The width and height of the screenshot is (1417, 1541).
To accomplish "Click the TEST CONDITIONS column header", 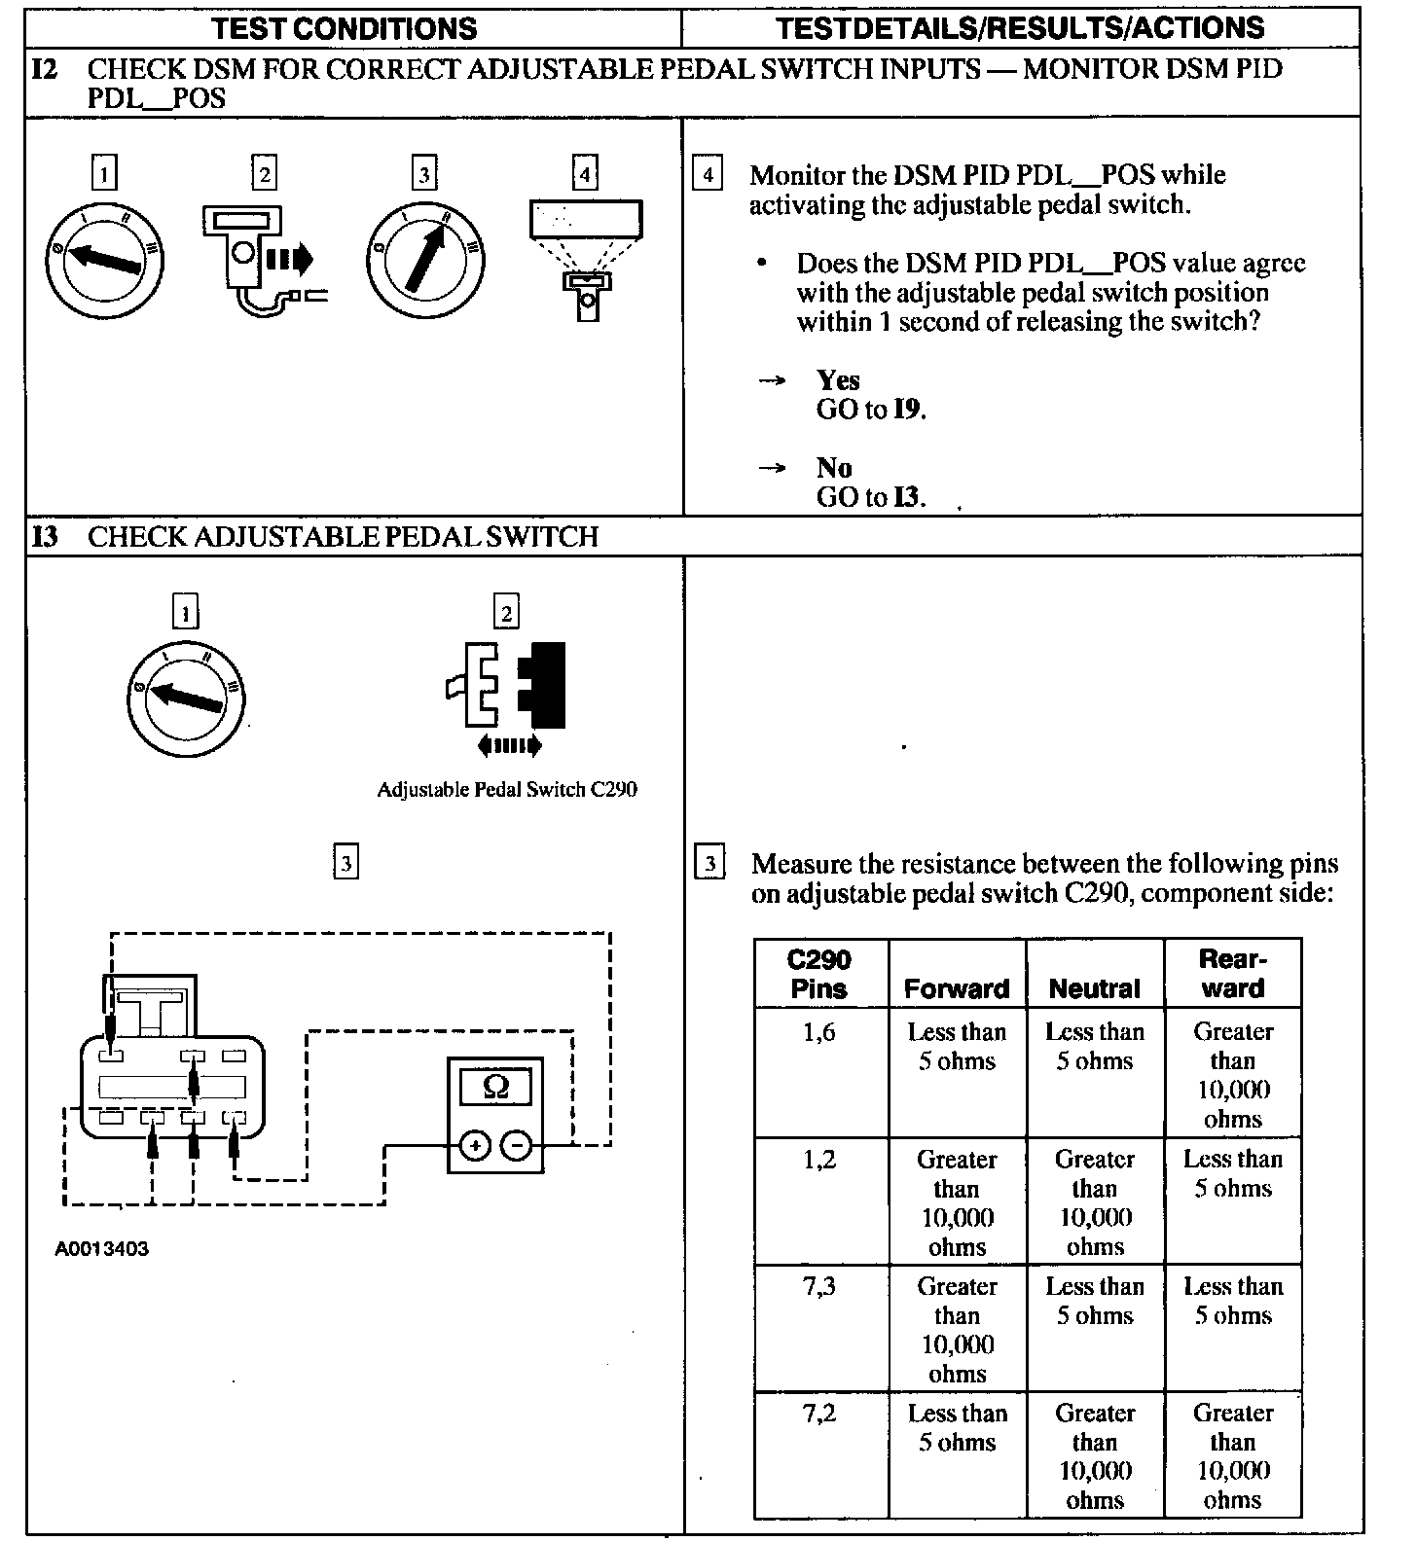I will (345, 27).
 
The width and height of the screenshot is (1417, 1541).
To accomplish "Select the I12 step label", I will (45, 70).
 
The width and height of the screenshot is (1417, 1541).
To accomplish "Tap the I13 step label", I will (45, 537).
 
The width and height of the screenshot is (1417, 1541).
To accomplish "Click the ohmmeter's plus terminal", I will (475, 1146).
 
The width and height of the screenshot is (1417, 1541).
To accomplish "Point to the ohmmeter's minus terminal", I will (517, 1146).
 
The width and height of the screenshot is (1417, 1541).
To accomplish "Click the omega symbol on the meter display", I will (495, 1086).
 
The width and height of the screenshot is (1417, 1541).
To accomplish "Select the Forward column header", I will (957, 988).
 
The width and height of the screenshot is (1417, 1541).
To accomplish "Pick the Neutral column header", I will (1095, 988).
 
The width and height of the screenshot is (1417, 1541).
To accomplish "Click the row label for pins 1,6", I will (819, 1032).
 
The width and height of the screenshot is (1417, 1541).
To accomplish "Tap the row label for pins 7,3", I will (819, 1286).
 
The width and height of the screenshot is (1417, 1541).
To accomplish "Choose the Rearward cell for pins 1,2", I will (1233, 1173).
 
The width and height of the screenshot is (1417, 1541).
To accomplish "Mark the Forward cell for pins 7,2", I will (957, 1427).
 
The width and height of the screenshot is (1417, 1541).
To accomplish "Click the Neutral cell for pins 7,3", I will (1095, 1301).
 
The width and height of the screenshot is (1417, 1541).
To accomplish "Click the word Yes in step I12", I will (838, 380).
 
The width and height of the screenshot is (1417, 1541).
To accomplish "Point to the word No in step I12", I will (833, 468).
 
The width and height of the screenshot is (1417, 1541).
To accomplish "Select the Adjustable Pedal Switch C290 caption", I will (507, 789).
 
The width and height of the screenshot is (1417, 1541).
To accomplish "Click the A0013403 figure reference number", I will (101, 1249).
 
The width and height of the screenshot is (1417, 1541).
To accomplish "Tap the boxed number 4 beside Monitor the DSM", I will (708, 175).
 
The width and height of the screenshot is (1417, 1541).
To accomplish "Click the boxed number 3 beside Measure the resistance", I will (709, 863).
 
